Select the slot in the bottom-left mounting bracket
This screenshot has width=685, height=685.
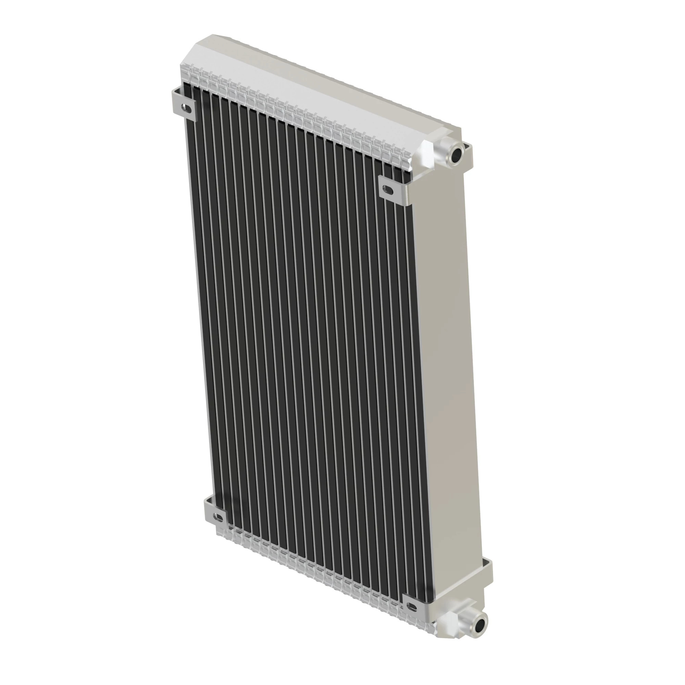click(x=219, y=518)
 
